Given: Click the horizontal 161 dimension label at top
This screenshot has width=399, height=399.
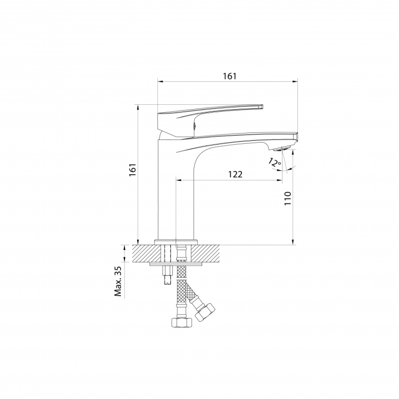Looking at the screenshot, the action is point(229,76).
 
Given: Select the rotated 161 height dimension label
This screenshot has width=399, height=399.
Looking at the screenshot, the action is point(133,170).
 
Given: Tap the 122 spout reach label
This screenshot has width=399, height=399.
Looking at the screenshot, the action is point(235,174).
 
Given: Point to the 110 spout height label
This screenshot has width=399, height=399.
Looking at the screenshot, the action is point(287,198).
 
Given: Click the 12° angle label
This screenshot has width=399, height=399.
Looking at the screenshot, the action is point(275,162).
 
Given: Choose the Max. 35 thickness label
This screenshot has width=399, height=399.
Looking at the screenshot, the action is point(118,281).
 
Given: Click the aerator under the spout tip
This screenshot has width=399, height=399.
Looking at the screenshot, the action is point(281,148).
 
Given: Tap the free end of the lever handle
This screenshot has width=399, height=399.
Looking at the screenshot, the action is point(261,106).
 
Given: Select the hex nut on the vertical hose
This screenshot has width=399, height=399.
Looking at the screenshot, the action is point(182,322).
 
